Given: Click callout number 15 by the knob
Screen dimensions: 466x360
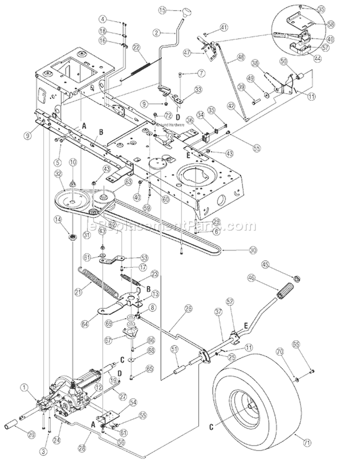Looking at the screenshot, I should click(x=162, y=9).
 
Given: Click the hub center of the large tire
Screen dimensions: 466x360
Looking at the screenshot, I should click(x=250, y=407).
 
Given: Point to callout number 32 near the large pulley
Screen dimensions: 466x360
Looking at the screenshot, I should click(x=59, y=174).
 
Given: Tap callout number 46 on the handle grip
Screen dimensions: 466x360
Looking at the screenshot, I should click(x=264, y=277).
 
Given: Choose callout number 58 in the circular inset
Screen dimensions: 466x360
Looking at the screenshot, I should click(x=330, y=23).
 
